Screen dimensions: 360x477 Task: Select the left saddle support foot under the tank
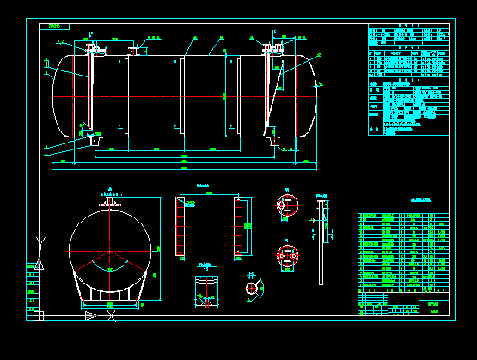coord(92,139)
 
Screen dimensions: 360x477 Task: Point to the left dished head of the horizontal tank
coord(58,96)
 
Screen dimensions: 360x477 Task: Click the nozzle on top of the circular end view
coord(109,203)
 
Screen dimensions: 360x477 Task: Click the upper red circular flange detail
coord(286,204)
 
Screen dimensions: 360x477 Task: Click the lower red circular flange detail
coord(286,255)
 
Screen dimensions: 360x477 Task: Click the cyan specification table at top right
coord(408,80)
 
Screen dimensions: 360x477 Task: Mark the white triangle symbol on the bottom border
coord(90,316)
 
